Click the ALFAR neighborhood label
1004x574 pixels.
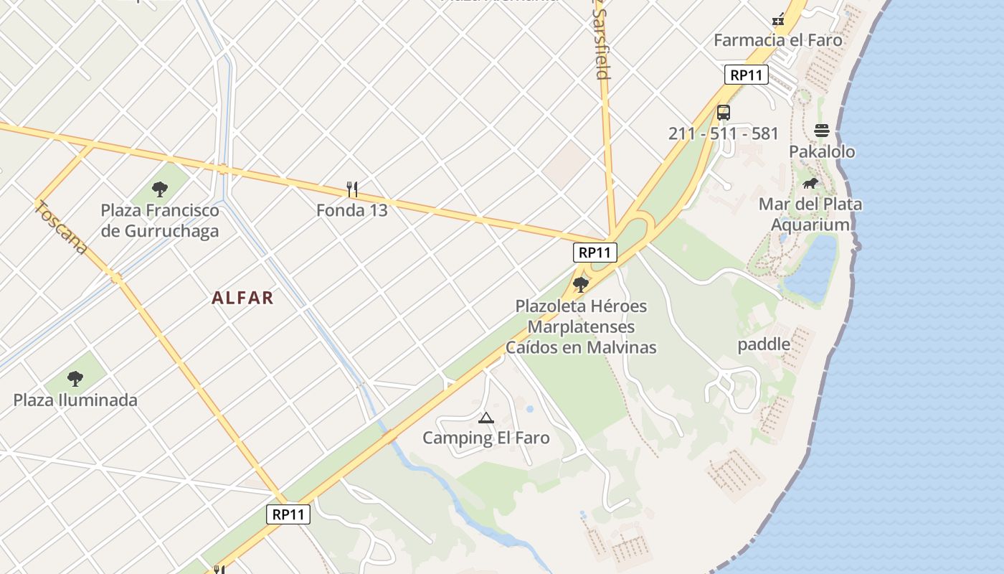(x=242, y=298)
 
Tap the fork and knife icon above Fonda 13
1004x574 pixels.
(x=351, y=189)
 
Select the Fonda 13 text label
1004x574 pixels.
(x=351, y=210)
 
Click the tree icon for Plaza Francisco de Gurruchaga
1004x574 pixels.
(x=160, y=189)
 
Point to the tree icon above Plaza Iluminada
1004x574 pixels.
(x=75, y=379)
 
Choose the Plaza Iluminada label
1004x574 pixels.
(x=75, y=400)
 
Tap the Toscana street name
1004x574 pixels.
(x=62, y=228)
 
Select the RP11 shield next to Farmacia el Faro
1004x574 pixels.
(x=746, y=75)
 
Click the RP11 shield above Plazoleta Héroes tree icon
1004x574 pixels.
(x=595, y=252)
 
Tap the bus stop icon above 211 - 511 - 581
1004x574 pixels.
(x=723, y=113)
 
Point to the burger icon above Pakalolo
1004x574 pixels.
(x=822, y=131)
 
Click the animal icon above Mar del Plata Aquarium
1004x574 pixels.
(x=810, y=184)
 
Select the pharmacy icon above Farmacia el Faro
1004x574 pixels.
(x=778, y=19)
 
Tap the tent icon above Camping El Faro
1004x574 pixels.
(x=486, y=418)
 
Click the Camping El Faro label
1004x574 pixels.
(x=486, y=438)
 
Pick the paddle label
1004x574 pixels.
(x=764, y=344)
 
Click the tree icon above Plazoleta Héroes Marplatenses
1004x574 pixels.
(x=581, y=285)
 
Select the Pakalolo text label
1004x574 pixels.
(x=822, y=151)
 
